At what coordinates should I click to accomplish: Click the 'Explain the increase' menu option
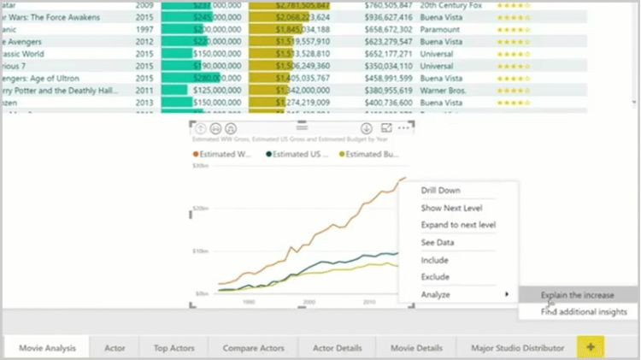[577, 295]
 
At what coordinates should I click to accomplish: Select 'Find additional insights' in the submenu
[583, 312]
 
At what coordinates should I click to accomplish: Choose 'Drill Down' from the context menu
[441, 191]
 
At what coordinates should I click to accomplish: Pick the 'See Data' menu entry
[438, 242]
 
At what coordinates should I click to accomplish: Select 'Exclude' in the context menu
[435, 277]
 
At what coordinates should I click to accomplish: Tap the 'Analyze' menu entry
[436, 294]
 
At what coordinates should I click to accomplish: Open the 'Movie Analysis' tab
[48, 348]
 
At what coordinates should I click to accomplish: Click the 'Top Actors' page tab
[173, 348]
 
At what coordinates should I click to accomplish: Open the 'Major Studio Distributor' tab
[511, 348]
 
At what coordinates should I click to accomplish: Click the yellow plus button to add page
[590, 347]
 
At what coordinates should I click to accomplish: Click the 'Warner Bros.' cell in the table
[444, 89]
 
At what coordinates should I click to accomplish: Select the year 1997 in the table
[144, 28]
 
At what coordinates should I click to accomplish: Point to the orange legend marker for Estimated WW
[196, 154]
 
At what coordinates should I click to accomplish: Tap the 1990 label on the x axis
[249, 301]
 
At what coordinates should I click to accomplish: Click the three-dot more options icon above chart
[403, 127]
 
